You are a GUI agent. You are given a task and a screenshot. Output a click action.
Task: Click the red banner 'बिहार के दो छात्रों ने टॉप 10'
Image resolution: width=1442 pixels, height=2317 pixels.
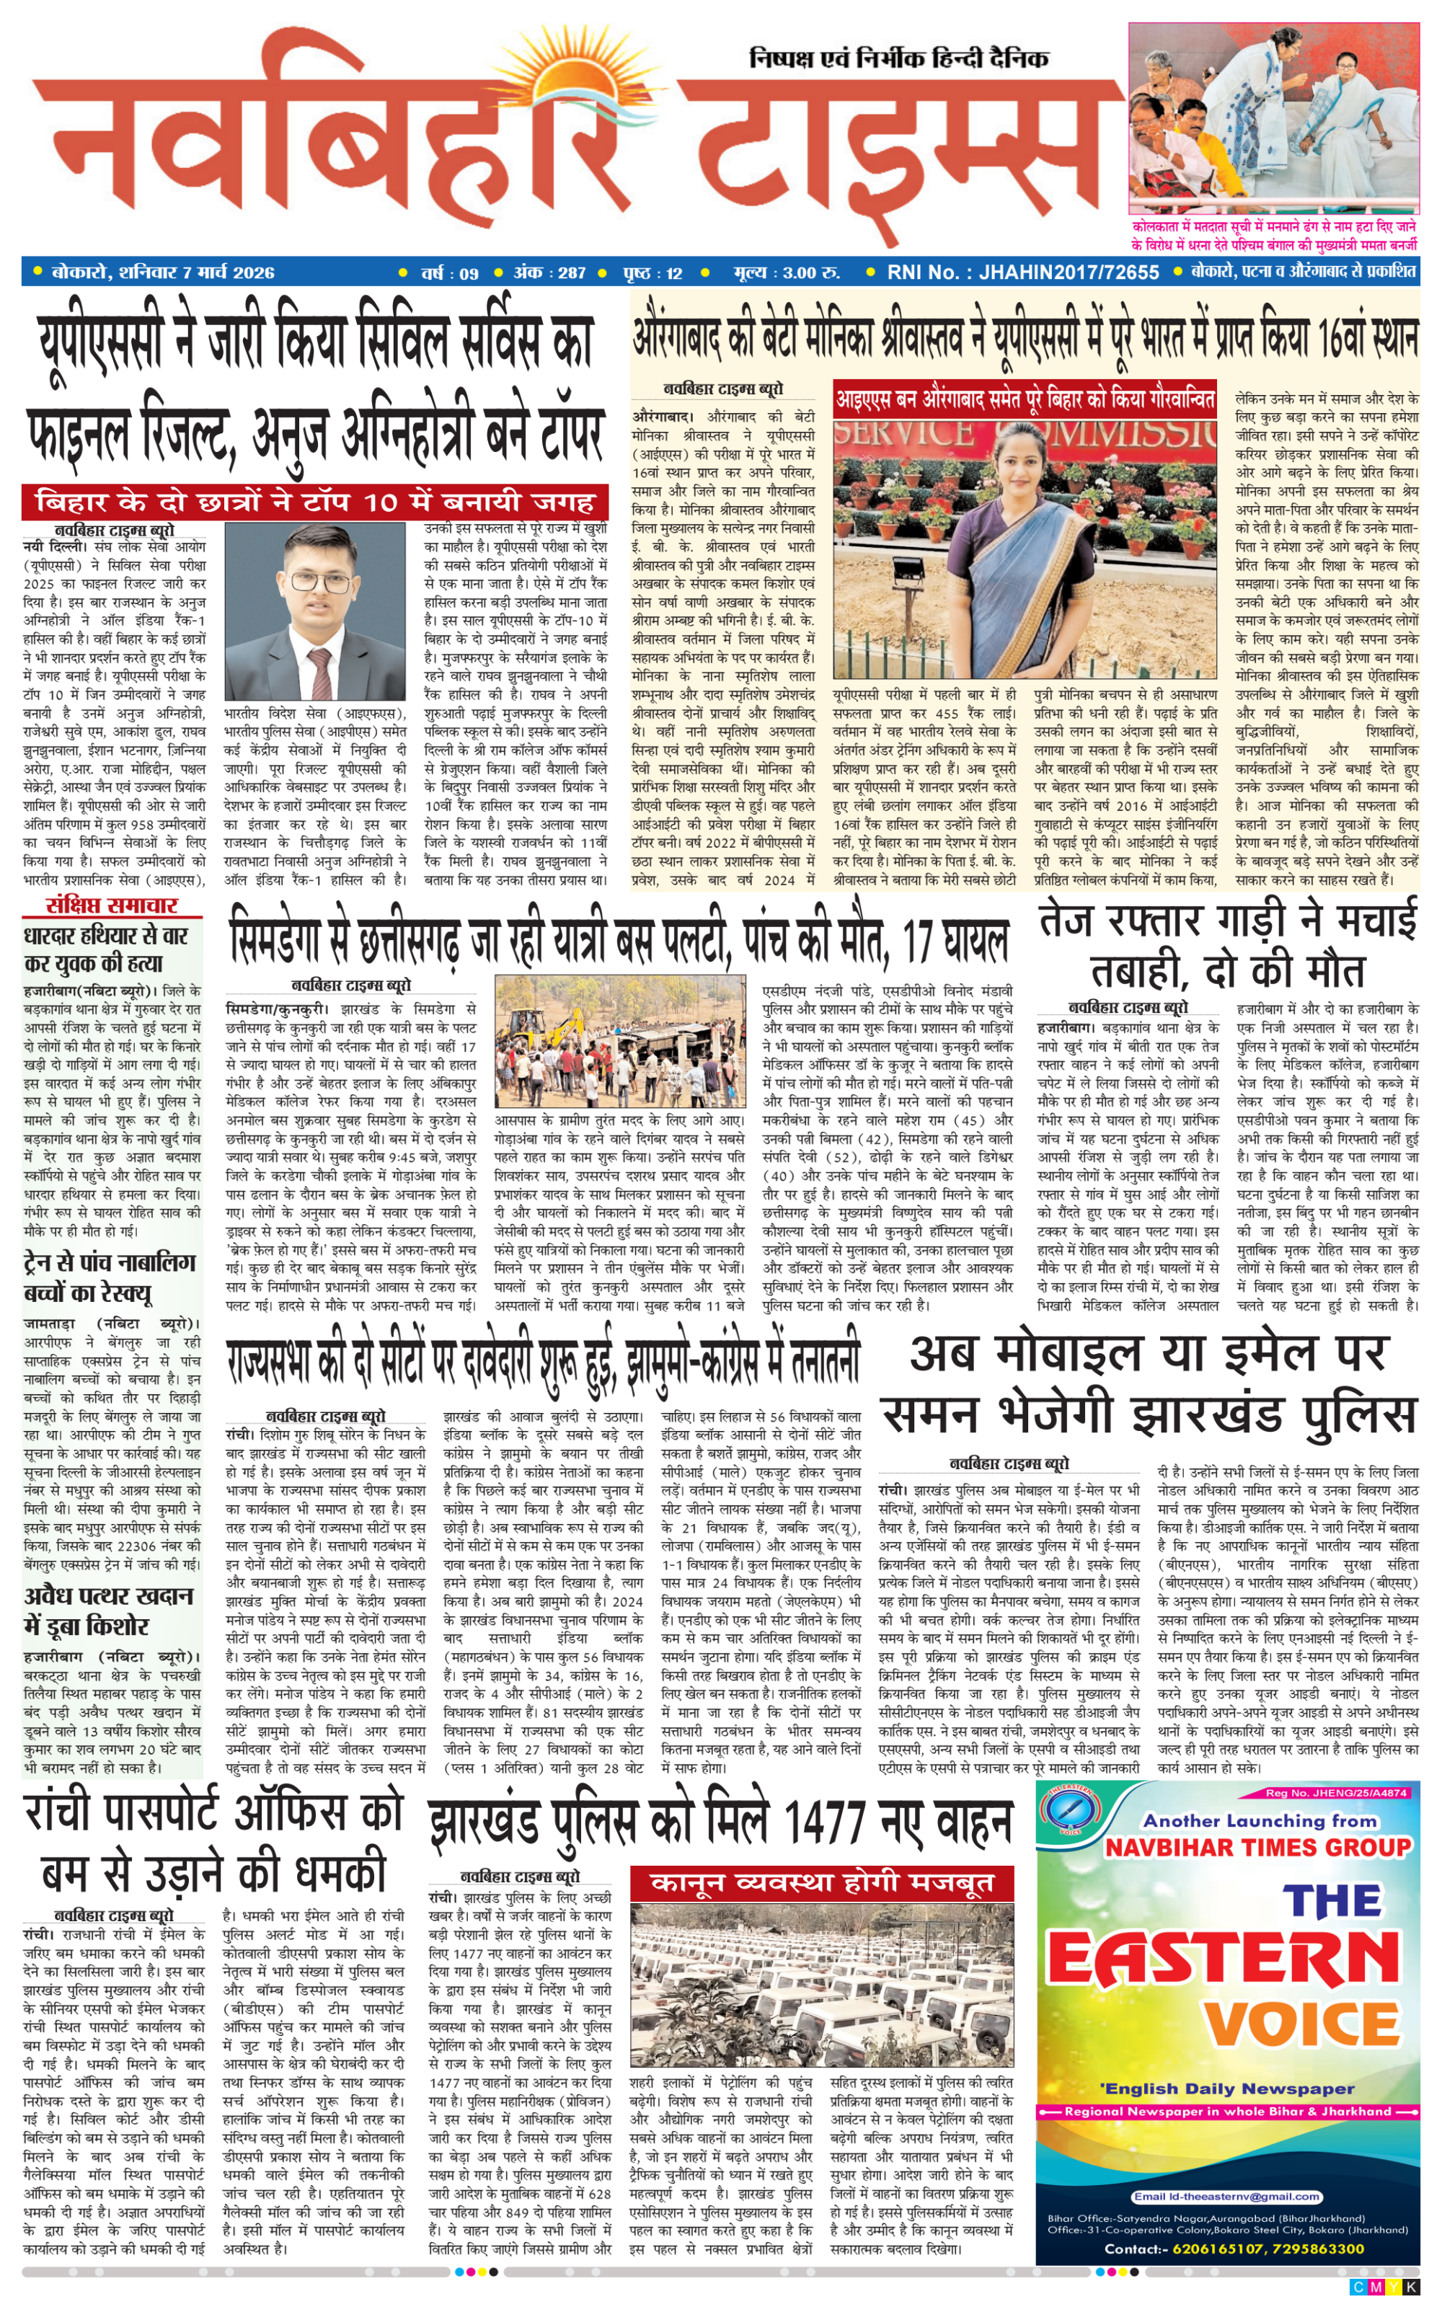(315, 502)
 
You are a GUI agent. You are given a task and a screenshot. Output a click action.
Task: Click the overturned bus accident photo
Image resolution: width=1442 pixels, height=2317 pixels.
(620, 1041)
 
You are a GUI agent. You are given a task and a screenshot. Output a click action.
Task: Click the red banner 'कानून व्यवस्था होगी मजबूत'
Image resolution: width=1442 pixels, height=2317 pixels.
(821, 1883)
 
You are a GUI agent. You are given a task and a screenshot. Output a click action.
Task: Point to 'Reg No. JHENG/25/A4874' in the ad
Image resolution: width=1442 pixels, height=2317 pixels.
(1335, 1793)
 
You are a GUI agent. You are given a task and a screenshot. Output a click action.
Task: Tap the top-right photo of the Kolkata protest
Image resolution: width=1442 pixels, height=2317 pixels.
(1273, 118)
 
